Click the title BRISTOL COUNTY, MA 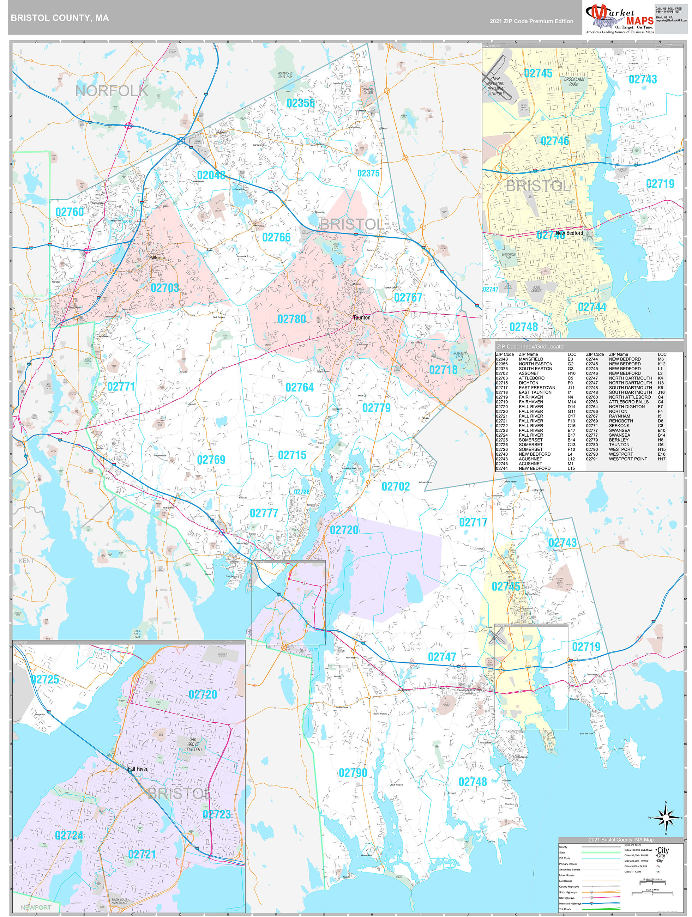(x=60, y=18)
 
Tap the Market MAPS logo (x=619, y=19)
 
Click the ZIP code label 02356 (x=300, y=103)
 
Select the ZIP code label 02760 (x=69, y=212)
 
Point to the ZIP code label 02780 (x=291, y=319)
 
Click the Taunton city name (x=362, y=317)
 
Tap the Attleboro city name (x=157, y=257)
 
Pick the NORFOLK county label (x=111, y=91)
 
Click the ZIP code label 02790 (x=353, y=772)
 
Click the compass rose (x=666, y=818)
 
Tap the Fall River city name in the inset (x=137, y=769)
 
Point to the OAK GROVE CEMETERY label (x=193, y=744)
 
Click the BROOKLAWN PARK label (x=574, y=81)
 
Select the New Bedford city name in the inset (x=569, y=233)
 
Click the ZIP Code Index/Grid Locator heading (x=531, y=346)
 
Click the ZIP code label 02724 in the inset (x=69, y=835)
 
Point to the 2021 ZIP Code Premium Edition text (x=531, y=21)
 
